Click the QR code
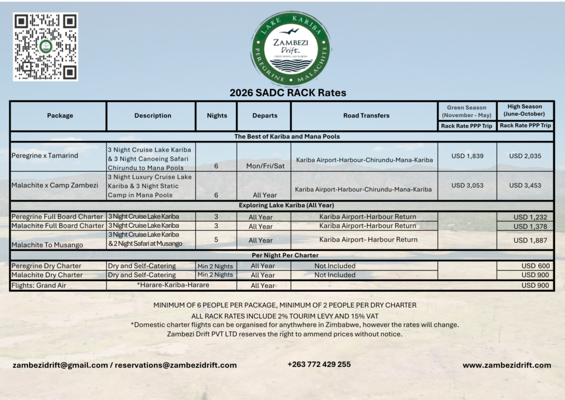[x=45, y=46]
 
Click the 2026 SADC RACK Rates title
[x=287, y=93]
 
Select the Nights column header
[x=216, y=115]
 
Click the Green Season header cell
[x=467, y=111]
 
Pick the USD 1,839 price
[x=467, y=156]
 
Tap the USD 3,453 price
[x=525, y=186]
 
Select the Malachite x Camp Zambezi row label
[x=55, y=186]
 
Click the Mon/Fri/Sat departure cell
[x=263, y=166]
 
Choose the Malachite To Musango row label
[x=47, y=245]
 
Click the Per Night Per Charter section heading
[x=281, y=255]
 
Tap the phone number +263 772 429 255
[x=319, y=365]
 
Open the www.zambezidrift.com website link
[x=507, y=365]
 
